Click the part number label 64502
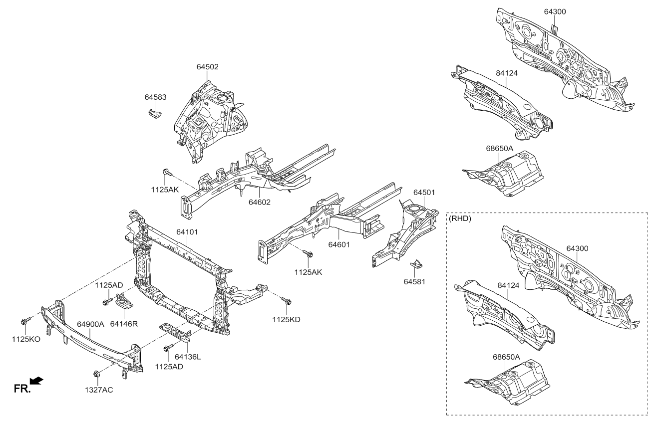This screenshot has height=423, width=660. coord(207,66)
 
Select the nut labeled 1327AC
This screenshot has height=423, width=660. coord(97,374)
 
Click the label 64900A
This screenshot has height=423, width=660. coord(90,324)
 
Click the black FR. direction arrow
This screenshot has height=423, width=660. coord(36,382)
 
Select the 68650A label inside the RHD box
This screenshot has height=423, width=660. coord(506,357)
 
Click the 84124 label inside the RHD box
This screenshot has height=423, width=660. coord(509,285)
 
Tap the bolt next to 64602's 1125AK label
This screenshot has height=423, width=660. coord(167,173)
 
